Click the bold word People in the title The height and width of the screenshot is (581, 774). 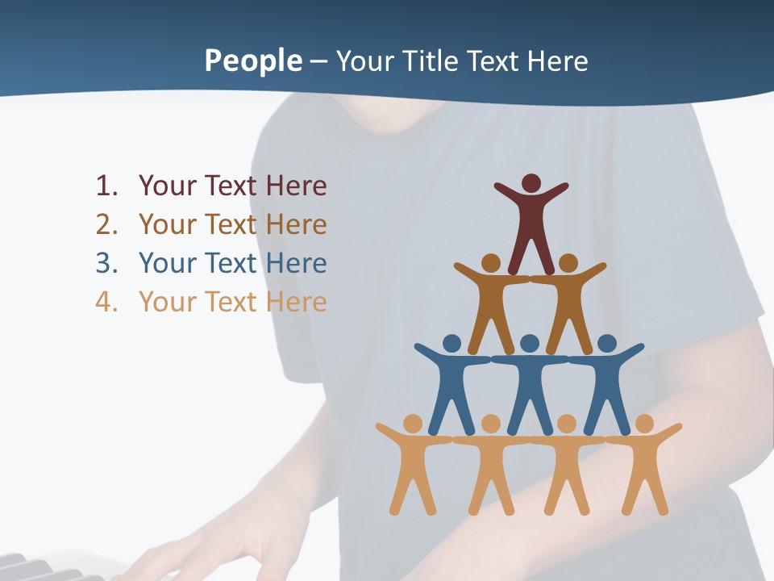(x=252, y=61)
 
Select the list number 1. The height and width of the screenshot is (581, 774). (x=106, y=186)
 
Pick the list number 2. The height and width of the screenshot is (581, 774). (x=106, y=224)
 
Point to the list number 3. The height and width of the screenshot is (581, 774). (x=106, y=263)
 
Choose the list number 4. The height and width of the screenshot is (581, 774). (x=106, y=302)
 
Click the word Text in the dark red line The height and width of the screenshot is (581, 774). (x=231, y=186)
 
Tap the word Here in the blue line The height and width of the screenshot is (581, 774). (x=296, y=263)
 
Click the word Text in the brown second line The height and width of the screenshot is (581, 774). (x=231, y=224)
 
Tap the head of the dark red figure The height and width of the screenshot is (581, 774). (x=531, y=183)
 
